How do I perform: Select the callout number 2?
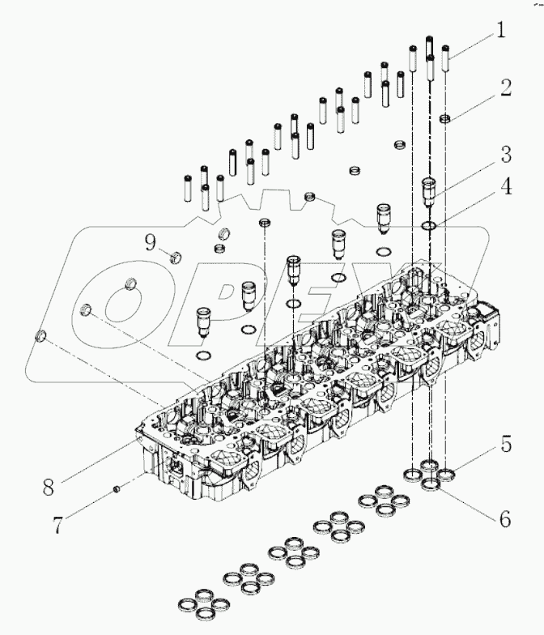click(x=504, y=88)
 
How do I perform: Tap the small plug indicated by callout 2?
click(x=444, y=120)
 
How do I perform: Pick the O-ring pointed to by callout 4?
click(x=431, y=226)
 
